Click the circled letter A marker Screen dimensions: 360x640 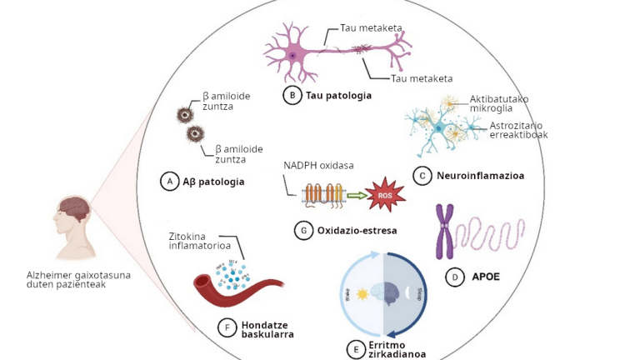tap(170, 181)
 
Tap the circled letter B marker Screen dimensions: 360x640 tap(292, 96)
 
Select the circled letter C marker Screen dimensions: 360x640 tap(422, 176)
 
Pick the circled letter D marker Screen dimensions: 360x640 tap(455, 277)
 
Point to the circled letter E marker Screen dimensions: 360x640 tap(356, 347)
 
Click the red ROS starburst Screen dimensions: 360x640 tap(386, 195)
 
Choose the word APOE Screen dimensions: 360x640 tap(486, 277)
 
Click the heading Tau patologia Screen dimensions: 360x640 tap(338, 96)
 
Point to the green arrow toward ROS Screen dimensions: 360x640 tap(357, 197)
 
